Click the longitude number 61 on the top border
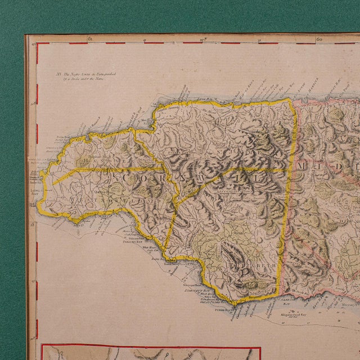(x=89, y=39)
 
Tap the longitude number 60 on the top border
(x=319, y=39)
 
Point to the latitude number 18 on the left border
(x=33, y=224)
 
